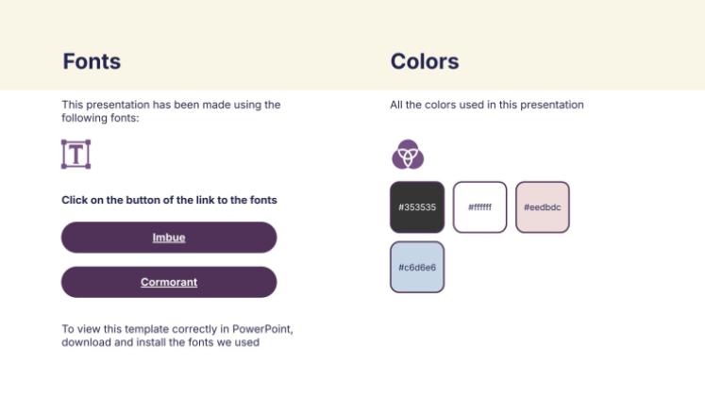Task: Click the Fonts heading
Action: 92,61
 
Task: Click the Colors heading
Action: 425,61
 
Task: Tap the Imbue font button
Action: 169,238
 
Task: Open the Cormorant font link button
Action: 169,282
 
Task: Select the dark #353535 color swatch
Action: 417,207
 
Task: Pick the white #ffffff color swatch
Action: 479,207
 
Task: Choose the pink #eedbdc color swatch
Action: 543,207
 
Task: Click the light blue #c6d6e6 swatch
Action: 417,267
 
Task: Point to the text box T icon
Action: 76,155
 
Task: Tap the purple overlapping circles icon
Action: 408,155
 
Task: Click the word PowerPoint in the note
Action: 262,329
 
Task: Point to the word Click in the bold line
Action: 75,200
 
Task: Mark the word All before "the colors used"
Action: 396,105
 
